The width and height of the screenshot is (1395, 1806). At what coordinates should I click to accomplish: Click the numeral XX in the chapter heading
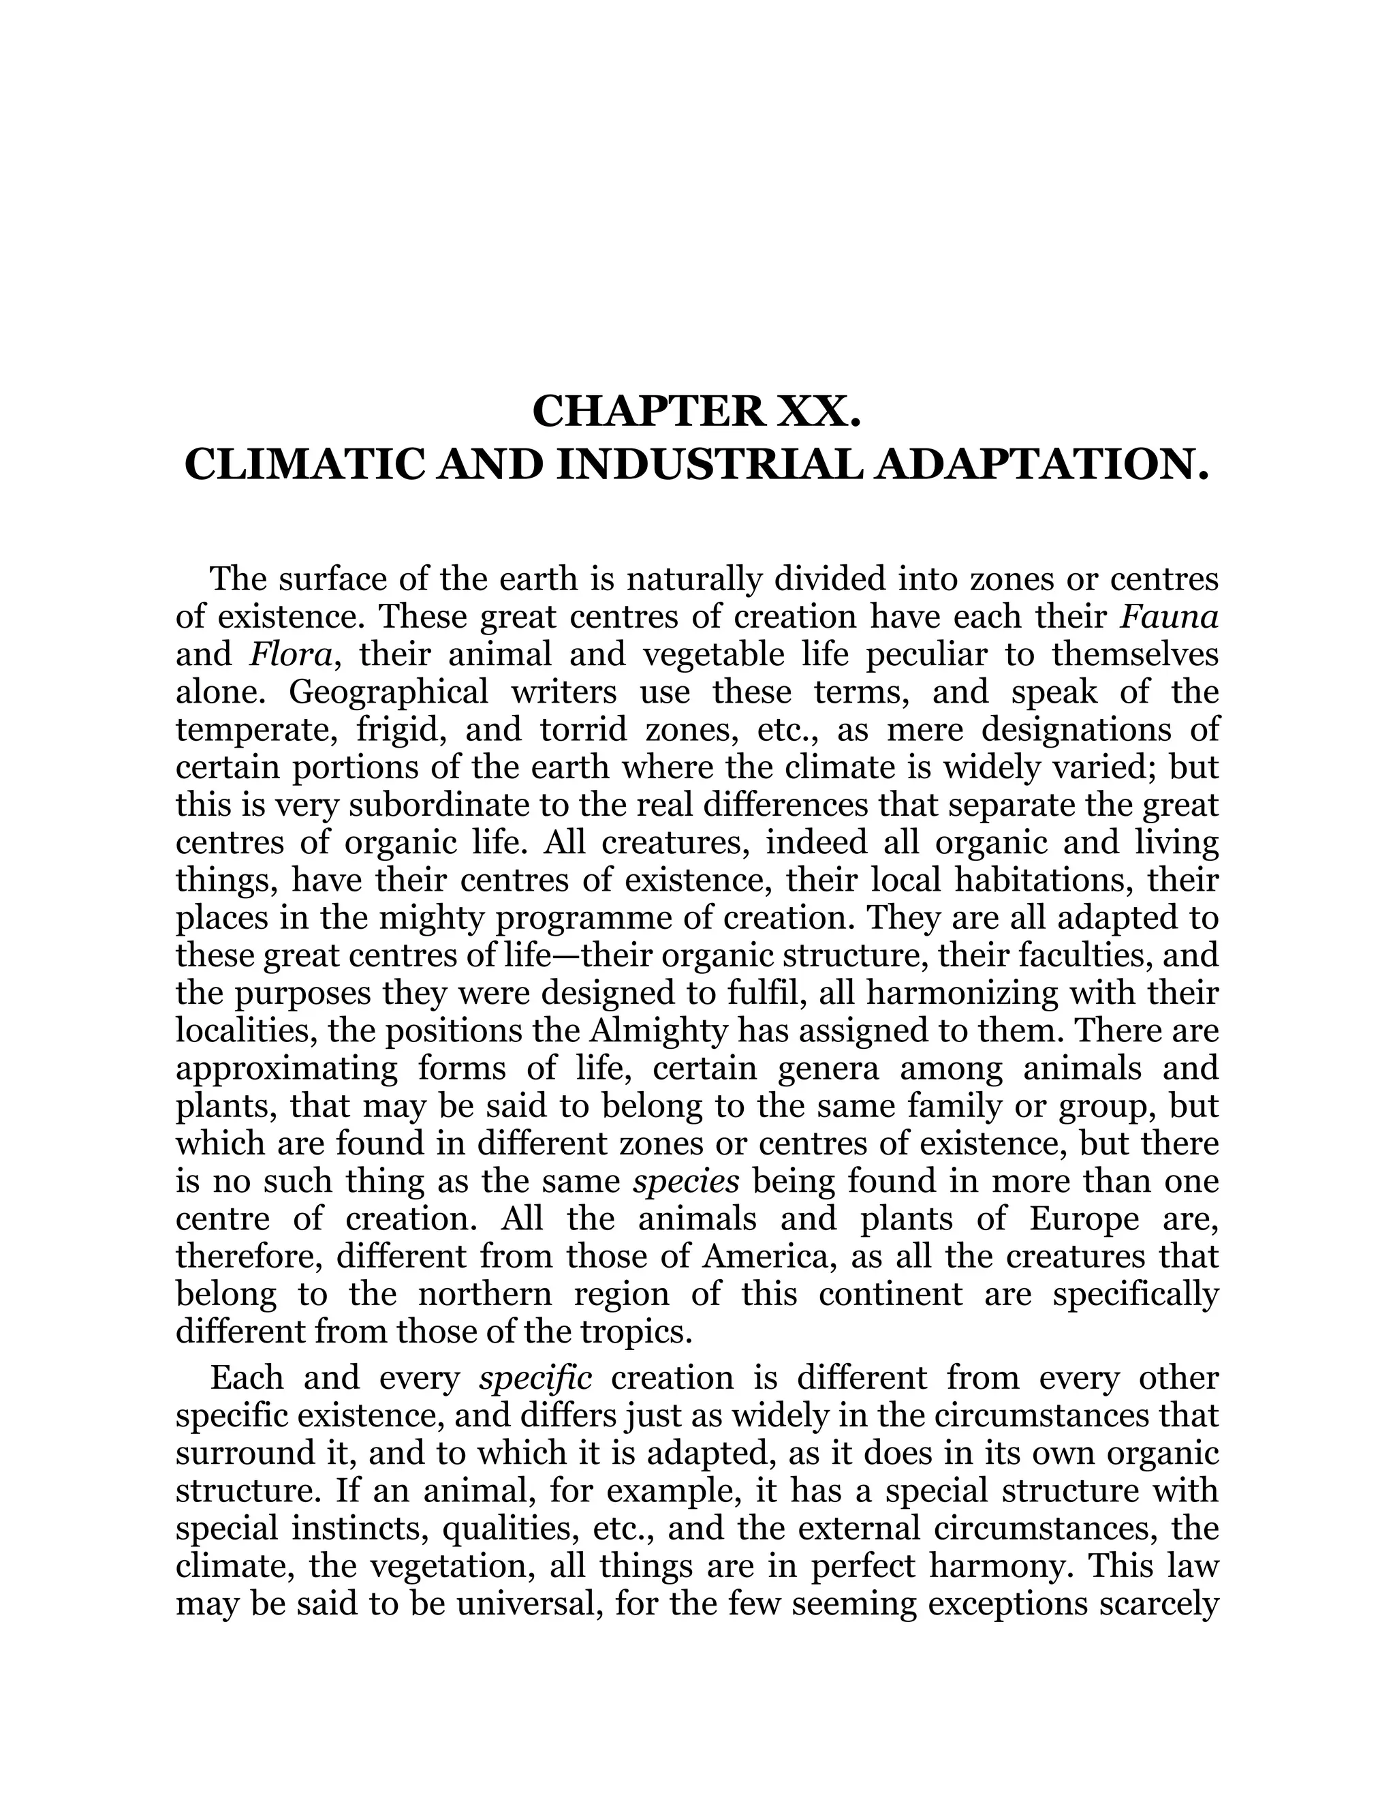tap(814, 411)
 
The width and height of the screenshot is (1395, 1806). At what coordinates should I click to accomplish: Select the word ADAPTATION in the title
tap(1035, 465)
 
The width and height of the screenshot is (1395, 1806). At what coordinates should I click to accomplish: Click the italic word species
tap(686, 1182)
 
